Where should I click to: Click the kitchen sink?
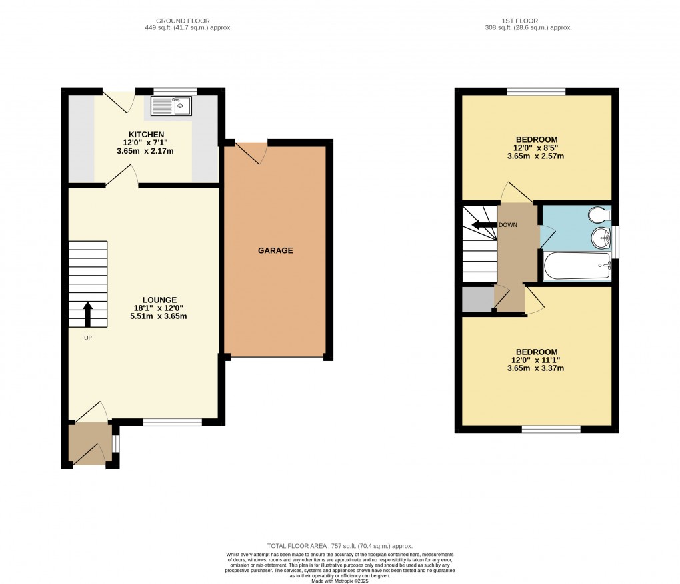coord(171,105)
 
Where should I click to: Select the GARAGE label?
coord(275,250)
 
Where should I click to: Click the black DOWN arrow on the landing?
coord(483,225)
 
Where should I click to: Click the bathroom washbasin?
coord(603,237)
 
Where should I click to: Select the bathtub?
coord(577,266)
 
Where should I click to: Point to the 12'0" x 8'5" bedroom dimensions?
coord(536,148)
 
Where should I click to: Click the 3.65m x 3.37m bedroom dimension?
coord(536,368)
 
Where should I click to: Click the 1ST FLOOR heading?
coord(527,21)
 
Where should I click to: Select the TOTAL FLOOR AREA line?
coord(339,545)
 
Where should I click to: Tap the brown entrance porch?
coord(89,443)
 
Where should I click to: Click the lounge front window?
coord(173,422)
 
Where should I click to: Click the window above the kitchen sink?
coord(175,91)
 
